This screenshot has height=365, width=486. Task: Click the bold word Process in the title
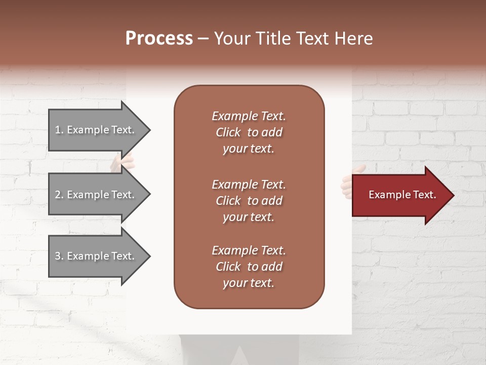tap(159, 39)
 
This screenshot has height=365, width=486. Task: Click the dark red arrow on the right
tap(400, 195)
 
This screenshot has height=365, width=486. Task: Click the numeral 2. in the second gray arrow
tap(59, 195)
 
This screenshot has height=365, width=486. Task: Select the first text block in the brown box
tap(249, 132)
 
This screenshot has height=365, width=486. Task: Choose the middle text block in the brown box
tap(249, 201)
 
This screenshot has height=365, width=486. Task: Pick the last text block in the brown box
tap(249, 267)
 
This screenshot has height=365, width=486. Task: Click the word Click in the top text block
tap(228, 132)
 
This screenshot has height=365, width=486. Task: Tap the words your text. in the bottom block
tap(249, 283)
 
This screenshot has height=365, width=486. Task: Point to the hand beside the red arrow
tap(347, 182)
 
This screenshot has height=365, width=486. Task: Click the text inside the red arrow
tap(402, 195)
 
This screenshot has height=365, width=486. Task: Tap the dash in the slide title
tap(203, 39)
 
